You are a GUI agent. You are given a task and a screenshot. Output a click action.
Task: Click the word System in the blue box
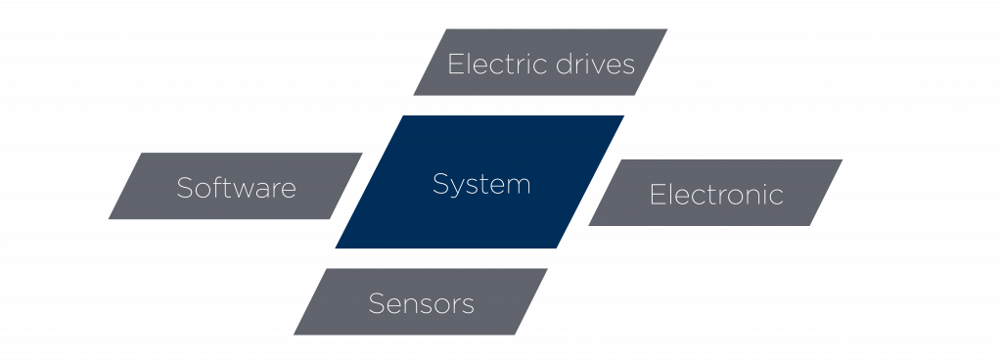481,184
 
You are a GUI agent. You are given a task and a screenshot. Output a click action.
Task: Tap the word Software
236,188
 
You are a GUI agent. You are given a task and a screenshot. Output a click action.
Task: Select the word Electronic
716,195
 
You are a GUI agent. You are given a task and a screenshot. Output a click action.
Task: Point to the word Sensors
421,303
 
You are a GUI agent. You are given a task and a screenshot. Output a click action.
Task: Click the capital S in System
440,184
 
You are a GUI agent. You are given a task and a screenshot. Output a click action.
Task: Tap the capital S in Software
184,188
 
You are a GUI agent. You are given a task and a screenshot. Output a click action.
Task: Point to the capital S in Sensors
376,303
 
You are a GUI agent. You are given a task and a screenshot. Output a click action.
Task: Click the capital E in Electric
454,65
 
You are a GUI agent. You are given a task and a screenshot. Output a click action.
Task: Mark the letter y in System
458,187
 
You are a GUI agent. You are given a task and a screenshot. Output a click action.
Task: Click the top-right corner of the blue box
624,115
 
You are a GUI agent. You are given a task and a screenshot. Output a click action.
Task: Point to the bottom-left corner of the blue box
335,248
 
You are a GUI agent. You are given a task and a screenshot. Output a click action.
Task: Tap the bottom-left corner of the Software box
108,219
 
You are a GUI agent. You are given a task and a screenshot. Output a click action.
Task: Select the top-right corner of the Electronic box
843,159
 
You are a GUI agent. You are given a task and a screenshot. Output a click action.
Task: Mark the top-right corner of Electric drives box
667,29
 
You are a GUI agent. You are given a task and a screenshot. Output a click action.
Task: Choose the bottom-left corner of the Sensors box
293,335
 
